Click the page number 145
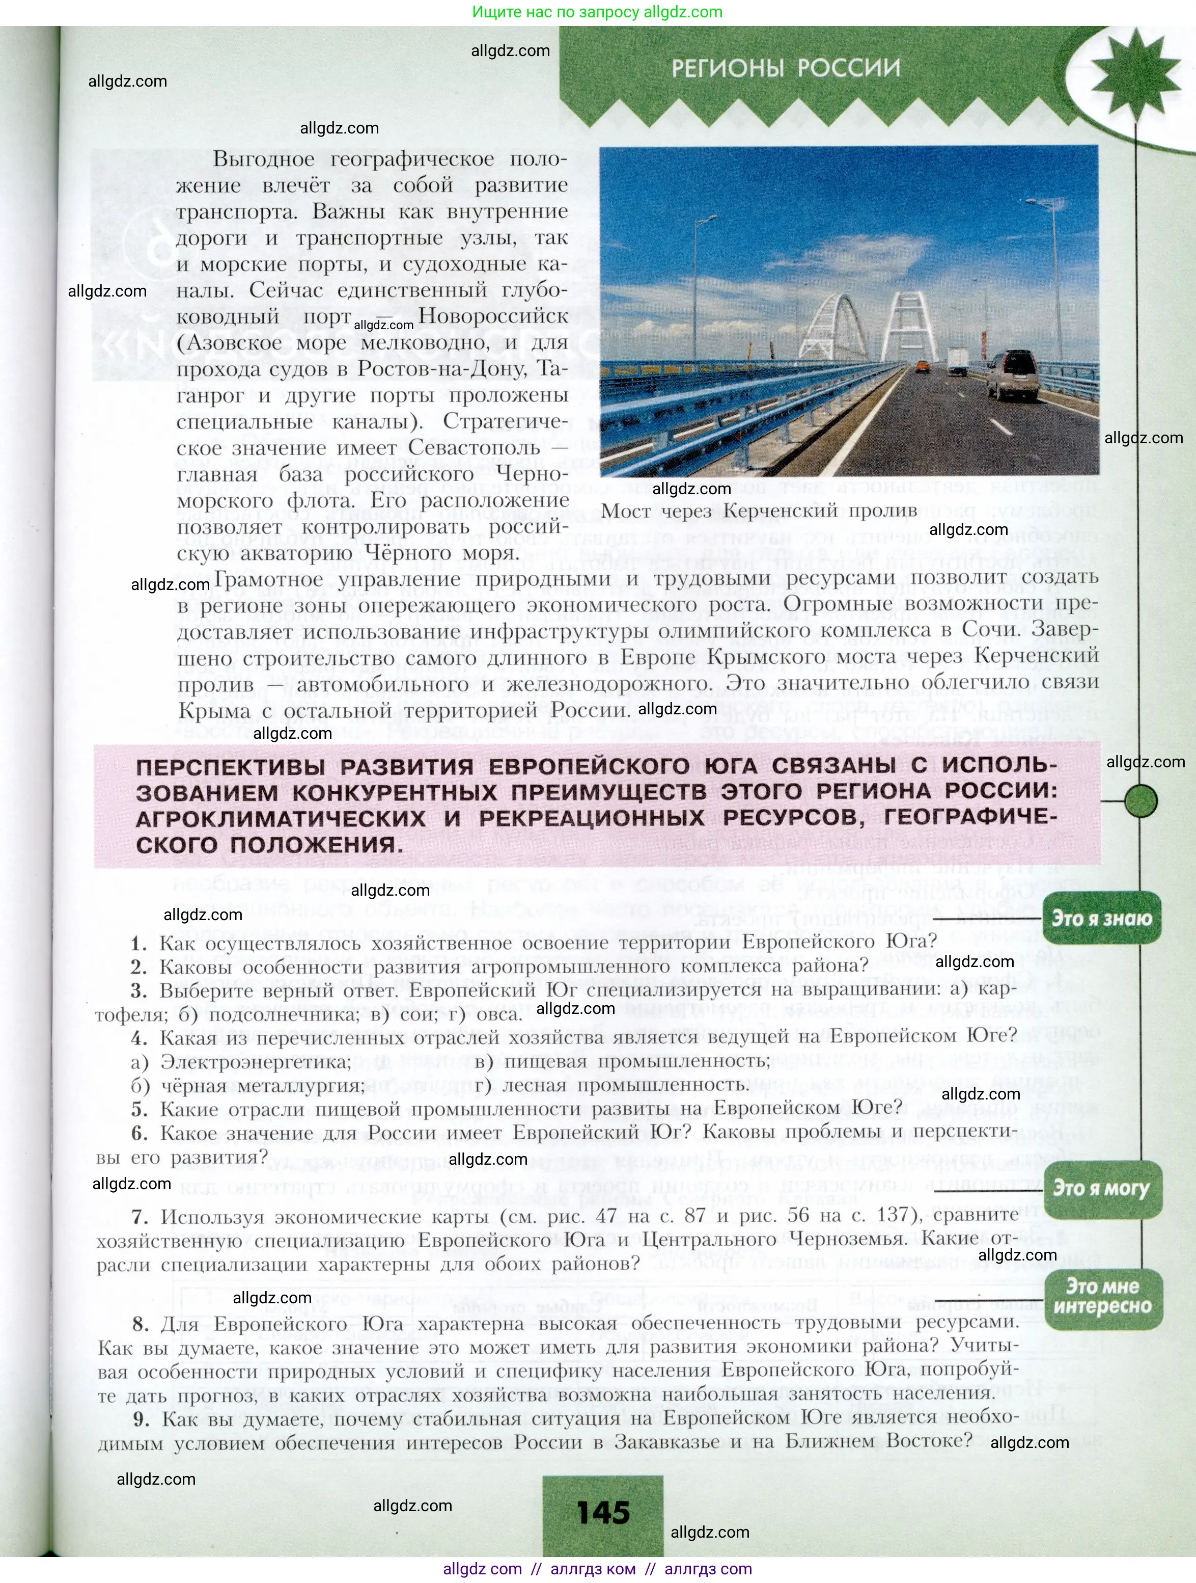[x=603, y=1513]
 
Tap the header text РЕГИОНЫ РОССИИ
[x=786, y=68]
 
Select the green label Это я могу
[x=1102, y=1189]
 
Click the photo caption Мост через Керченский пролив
[x=759, y=511]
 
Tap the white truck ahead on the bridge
[x=958, y=360]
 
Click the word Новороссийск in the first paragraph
[x=493, y=316]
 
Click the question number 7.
[x=140, y=1217]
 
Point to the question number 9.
[x=142, y=1418]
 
